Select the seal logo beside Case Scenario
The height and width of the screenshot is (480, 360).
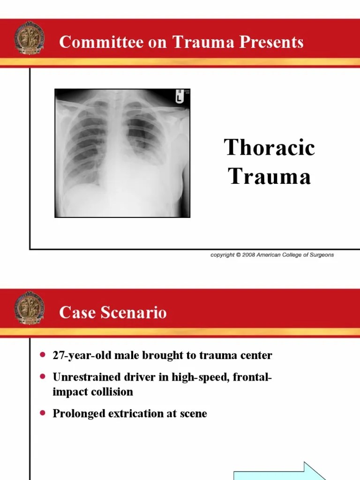tap(30, 308)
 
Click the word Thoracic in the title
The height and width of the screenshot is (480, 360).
tap(270, 148)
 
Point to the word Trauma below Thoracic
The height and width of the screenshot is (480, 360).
tap(270, 177)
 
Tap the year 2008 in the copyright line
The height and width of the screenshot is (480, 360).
tap(248, 255)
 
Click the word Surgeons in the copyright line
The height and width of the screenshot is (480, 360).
tap(321, 255)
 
